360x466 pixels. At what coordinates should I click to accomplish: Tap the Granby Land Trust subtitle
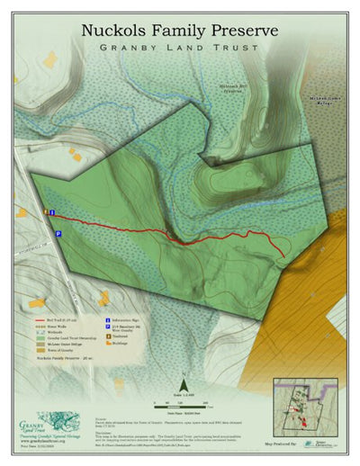(180, 48)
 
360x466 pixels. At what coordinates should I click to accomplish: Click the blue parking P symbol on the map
(58, 233)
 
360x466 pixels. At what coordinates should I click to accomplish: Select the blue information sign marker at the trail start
(53, 212)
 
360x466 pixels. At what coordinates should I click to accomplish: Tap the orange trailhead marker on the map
(47, 212)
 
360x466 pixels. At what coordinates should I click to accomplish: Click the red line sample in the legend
(40, 319)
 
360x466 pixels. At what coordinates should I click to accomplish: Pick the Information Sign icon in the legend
(109, 319)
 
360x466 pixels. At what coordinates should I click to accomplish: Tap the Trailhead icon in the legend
(109, 336)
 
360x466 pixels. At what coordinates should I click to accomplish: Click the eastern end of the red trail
(284, 256)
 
